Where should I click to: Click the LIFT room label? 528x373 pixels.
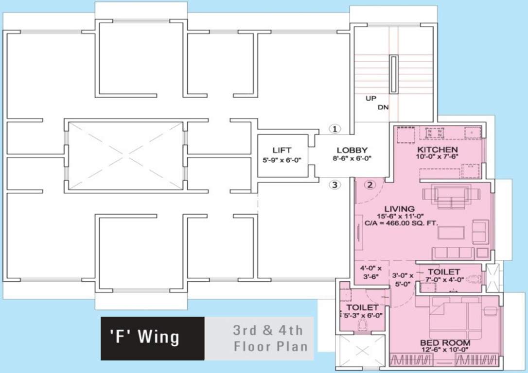[x=282, y=151]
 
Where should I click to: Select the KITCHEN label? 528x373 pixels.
[x=437, y=149]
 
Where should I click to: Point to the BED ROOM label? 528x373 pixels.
[x=445, y=343]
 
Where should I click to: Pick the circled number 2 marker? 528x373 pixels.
[x=370, y=185]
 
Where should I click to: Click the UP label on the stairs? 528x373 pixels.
[x=372, y=99]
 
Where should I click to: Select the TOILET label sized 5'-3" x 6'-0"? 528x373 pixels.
[x=362, y=308]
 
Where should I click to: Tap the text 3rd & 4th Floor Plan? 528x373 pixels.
[x=268, y=339]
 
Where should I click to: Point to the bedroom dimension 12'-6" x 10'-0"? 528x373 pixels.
[x=445, y=350]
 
